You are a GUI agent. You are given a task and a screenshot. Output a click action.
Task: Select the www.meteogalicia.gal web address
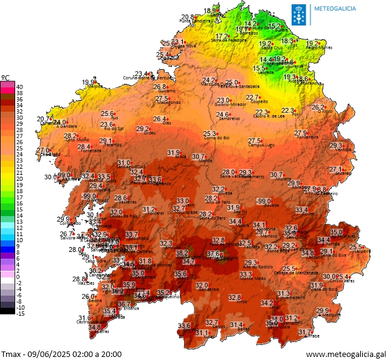[346, 353]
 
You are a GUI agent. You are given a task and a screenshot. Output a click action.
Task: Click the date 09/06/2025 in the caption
[49, 353]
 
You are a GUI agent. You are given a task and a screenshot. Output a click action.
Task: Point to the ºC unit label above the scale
[5, 78]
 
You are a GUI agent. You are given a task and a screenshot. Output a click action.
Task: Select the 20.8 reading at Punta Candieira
[188, 17]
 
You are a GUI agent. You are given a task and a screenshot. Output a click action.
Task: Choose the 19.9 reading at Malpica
[89, 82]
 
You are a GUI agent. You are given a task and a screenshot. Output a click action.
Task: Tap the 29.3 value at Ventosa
[336, 146]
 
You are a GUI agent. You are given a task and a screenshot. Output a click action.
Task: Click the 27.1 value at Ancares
[336, 169]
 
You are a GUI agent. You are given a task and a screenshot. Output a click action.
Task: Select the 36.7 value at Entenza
[124, 304]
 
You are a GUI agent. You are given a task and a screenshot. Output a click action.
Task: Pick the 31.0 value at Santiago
[124, 163]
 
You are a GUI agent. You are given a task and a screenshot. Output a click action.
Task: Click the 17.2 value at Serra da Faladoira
[222, 36]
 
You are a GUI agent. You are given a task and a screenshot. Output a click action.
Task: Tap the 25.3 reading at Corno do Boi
[210, 134]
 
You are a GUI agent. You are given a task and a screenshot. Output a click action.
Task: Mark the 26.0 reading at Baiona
[89, 296]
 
